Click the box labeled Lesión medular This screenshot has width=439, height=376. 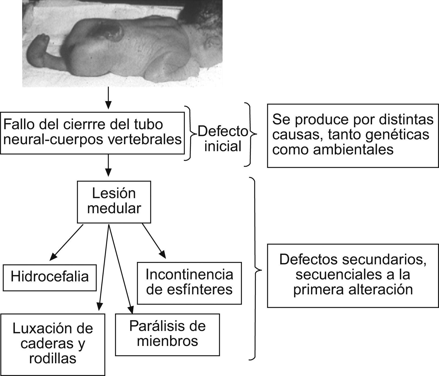click(x=114, y=202)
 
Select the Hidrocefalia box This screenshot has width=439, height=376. click(x=50, y=277)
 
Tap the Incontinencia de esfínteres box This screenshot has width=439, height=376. click(x=189, y=283)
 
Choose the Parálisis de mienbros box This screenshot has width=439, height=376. click(x=167, y=334)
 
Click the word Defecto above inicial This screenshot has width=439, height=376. click(x=223, y=132)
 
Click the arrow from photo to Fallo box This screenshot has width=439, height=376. click(x=108, y=98)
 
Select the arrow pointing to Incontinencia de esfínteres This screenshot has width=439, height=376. click(x=154, y=241)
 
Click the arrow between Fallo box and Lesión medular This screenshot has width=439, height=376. click(x=108, y=165)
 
